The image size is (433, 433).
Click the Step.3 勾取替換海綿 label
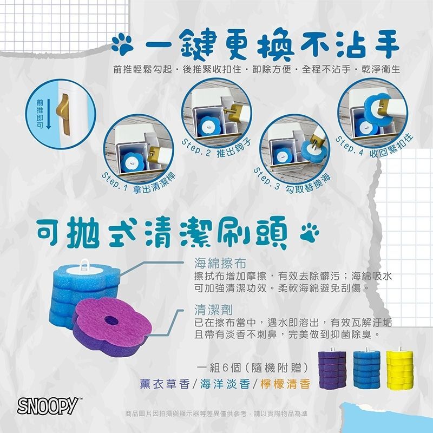pos(292,180)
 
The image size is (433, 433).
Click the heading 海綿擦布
pos(220,264)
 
